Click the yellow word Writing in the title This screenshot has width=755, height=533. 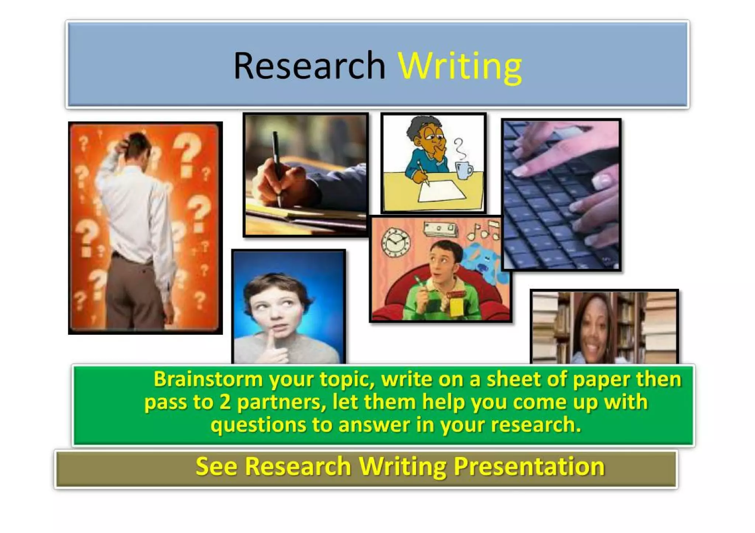460,66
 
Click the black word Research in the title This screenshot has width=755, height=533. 309,66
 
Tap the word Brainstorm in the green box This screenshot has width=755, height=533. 208,379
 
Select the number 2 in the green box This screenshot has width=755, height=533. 225,402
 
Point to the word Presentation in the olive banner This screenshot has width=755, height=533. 529,466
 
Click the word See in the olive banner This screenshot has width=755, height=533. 216,466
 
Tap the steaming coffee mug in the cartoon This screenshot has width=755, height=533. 463,170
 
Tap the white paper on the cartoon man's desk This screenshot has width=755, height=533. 441,191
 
